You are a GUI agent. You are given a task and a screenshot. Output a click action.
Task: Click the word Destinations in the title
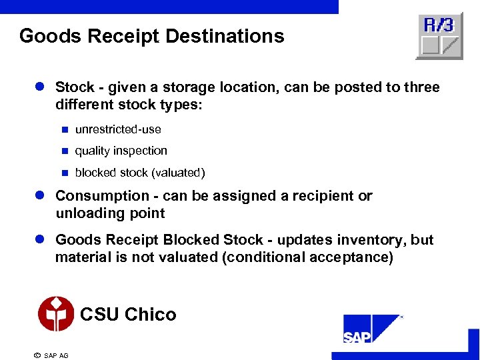pyautogui.click(x=229, y=36)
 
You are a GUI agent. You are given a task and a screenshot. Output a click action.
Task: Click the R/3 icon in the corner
pyautogui.click(x=439, y=36)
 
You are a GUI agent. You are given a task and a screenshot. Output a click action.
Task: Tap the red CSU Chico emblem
pyautogui.click(x=56, y=314)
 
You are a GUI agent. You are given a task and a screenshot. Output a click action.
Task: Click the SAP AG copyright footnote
pyautogui.click(x=51, y=355)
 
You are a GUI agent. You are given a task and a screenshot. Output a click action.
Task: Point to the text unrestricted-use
pyautogui.click(x=118, y=129)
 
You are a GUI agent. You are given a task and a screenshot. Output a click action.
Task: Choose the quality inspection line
pyautogui.click(x=121, y=151)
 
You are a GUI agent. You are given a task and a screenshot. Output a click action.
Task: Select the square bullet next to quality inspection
pyautogui.click(x=65, y=151)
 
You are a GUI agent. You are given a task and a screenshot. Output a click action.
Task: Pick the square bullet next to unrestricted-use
pyautogui.click(x=65, y=129)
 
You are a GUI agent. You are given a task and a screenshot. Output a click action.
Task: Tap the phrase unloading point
pyautogui.click(x=110, y=213)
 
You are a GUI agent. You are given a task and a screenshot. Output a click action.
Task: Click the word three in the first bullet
pyautogui.click(x=421, y=87)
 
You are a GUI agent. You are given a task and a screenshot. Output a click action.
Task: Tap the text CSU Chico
pyautogui.click(x=128, y=314)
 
